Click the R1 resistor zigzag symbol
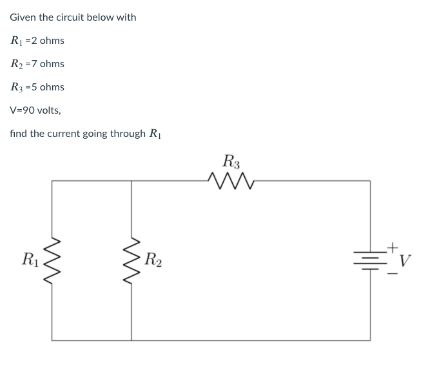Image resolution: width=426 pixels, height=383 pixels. [52, 260]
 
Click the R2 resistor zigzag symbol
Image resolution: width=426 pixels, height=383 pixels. [132, 260]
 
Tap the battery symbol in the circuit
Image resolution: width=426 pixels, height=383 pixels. [370, 260]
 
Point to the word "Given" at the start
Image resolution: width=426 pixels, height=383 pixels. [23, 17]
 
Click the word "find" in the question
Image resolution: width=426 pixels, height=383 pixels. [18, 133]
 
